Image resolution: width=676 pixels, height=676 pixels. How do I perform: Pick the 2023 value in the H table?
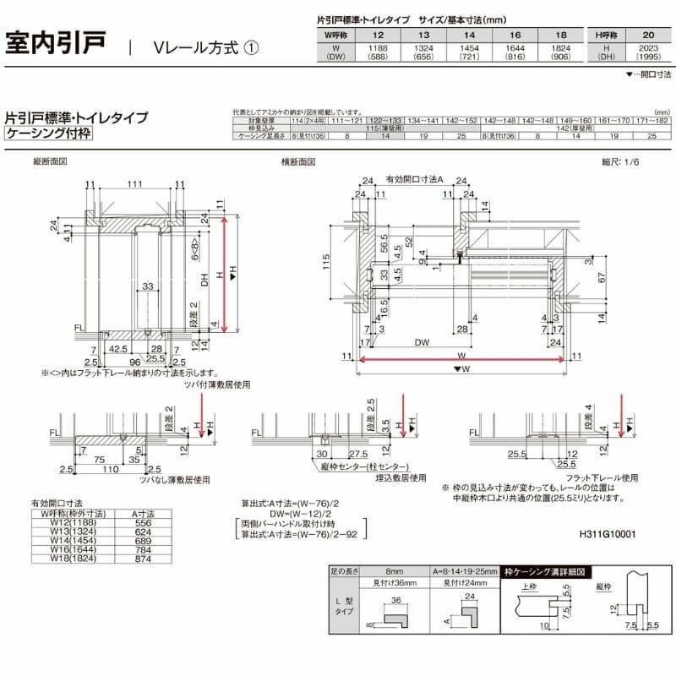[648, 48]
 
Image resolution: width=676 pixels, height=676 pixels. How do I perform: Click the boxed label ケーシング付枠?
[48, 134]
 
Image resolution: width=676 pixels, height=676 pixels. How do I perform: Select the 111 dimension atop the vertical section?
[134, 184]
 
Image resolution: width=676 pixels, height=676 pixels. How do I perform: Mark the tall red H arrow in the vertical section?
[225, 270]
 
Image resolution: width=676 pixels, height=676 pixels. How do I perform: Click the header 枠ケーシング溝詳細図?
[541, 572]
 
